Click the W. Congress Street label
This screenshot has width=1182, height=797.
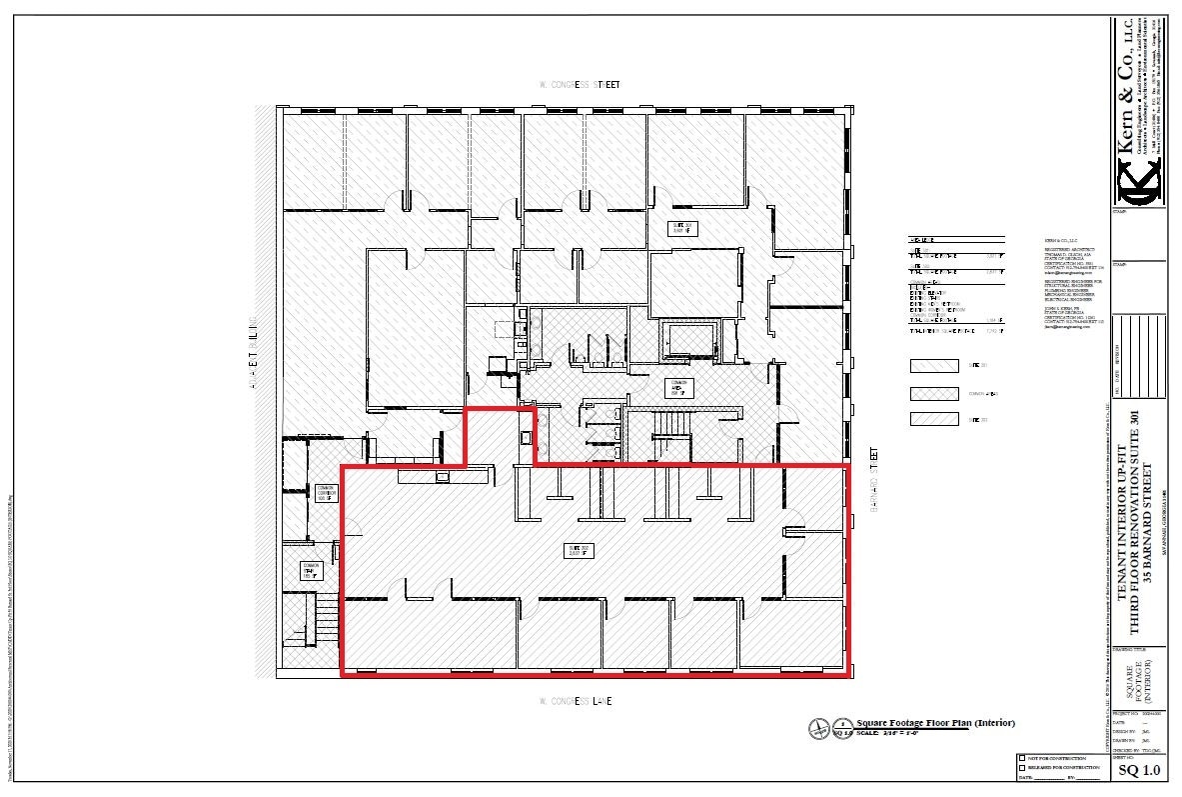coord(579,85)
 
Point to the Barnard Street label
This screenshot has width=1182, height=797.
coord(872,481)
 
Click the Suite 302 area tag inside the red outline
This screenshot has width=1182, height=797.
coord(581,550)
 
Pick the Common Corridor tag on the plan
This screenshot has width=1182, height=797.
coord(326,492)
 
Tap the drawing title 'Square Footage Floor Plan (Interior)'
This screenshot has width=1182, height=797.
coord(936,723)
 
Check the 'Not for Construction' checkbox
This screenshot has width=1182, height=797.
coord(1022,758)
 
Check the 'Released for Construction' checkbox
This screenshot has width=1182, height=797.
coord(1022,767)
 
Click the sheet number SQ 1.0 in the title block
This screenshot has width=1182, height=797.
coord(1139,770)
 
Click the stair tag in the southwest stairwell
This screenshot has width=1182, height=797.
coord(311,571)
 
